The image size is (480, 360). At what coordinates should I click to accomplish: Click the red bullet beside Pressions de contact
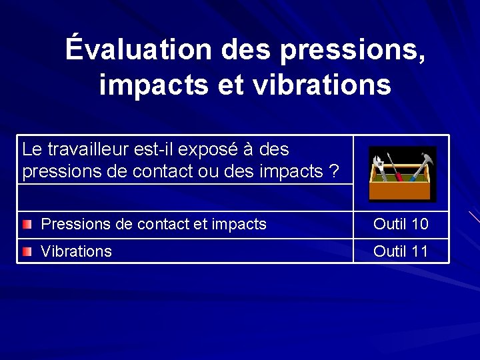click(x=27, y=225)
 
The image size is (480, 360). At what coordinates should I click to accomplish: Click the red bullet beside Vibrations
click(x=27, y=251)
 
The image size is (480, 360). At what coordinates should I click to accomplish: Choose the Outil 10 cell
click(x=401, y=225)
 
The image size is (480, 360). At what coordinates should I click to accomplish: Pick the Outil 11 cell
click(x=401, y=251)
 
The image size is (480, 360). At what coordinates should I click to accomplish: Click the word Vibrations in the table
click(x=76, y=251)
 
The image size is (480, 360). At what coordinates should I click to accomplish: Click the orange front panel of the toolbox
click(x=400, y=191)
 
